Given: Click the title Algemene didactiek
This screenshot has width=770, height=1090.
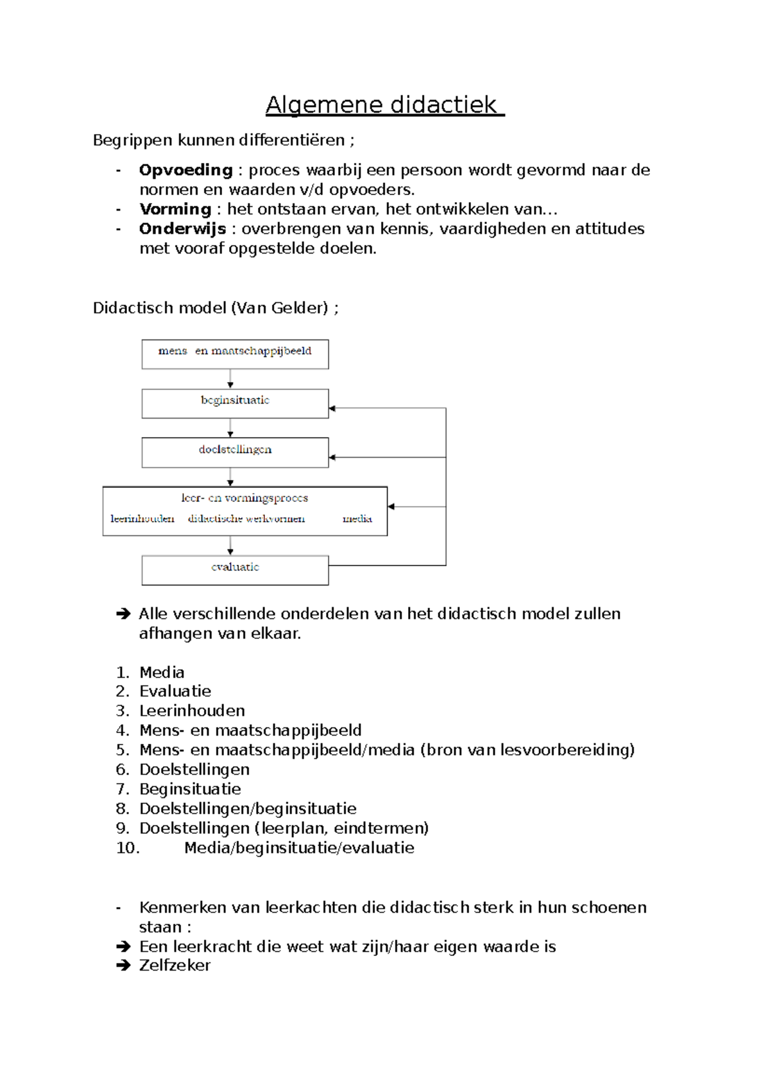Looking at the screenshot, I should (384, 105).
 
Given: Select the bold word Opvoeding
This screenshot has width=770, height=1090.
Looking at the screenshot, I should (185, 170).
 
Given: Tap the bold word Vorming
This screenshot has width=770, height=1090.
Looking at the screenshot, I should (175, 209).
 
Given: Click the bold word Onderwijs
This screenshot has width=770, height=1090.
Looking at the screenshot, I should (182, 229).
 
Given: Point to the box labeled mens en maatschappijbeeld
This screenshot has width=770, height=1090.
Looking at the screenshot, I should (235, 354).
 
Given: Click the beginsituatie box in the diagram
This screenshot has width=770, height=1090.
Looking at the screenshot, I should (235, 403).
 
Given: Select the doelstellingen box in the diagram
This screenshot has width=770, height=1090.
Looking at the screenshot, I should (235, 453).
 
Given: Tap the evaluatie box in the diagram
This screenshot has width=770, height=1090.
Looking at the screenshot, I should (235, 570).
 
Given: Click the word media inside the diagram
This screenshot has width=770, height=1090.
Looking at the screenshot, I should (357, 519).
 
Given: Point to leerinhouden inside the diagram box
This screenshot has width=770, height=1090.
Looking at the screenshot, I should (142, 519).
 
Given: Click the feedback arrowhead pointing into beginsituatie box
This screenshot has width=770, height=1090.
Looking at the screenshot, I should (332, 408).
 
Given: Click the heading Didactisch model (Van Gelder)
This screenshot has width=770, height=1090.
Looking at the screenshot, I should (216, 308).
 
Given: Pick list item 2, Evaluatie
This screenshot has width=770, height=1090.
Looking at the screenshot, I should (175, 691).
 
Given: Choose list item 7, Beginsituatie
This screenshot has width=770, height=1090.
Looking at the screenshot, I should (190, 789).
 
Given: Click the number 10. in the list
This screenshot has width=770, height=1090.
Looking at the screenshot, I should (128, 848).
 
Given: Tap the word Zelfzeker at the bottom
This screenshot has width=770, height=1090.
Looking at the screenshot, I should (175, 965).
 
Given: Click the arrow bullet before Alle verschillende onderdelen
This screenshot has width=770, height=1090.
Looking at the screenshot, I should (123, 614).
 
